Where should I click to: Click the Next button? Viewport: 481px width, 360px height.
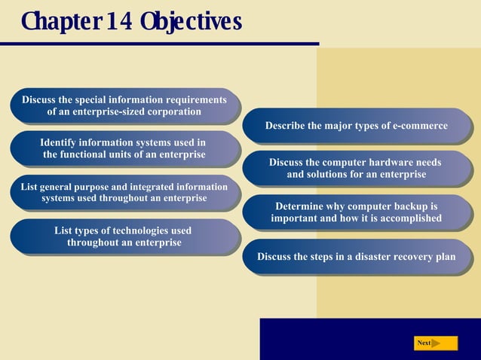[x=435, y=343]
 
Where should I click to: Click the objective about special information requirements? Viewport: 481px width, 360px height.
[x=124, y=105]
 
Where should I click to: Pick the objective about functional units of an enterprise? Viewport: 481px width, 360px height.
[x=124, y=148]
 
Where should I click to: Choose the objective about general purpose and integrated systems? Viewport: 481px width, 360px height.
[x=124, y=192]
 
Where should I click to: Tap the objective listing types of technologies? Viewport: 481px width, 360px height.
[x=124, y=236]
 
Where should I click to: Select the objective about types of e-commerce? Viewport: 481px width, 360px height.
[x=357, y=126]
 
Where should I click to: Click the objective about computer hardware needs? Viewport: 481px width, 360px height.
[x=356, y=168]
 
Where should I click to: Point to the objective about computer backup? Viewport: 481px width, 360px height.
[x=356, y=212]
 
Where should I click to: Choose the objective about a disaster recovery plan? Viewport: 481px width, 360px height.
[x=356, y=257]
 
